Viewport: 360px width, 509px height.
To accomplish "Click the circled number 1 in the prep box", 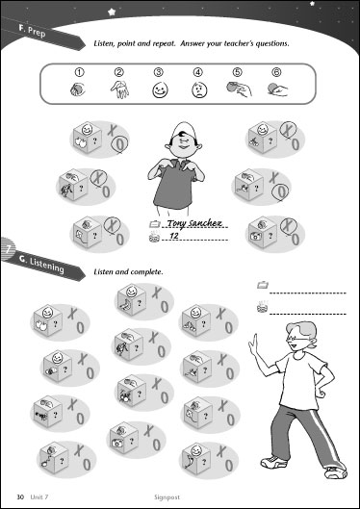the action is click(x=80, y=73).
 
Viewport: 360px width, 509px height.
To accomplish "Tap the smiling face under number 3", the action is click(x=160, y=90).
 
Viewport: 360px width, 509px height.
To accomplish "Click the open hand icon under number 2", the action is click(x=119, y=89).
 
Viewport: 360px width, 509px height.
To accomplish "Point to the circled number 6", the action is click(x=276, y=73).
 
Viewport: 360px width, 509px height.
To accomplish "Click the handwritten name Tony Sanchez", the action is click(x=194, y=223).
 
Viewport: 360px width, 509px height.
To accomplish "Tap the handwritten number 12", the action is click(x=174, y=236).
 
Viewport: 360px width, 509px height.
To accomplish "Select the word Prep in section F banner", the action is click(x=37, y=32).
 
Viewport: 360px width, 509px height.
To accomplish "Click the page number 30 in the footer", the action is click(x=20, y=496).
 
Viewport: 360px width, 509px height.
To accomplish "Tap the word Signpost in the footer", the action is click(x=167, y=497).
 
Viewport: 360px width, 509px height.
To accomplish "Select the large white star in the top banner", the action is click(x=113, y=12).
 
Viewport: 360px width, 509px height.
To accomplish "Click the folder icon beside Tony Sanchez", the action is click(x=155, y=223).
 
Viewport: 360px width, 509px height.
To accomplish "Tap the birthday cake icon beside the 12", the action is click(x=154, y=238).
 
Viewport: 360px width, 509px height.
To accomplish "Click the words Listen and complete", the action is click(x=128, y=271).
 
